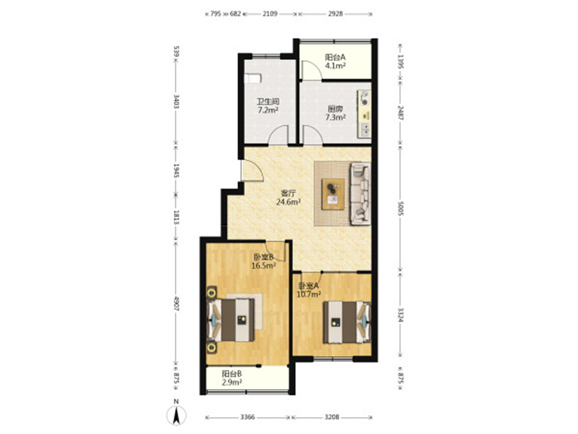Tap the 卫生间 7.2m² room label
click(268, 105)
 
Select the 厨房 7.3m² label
click(335, 113)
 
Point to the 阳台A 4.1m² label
click(335, 62)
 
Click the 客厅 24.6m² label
click(288, 197)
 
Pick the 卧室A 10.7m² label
click(309, 290)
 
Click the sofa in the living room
click(360, 194)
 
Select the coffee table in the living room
click(333, 194)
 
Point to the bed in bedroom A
click(347, 322)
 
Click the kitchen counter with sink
click(364, 114)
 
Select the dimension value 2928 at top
click(335, 14)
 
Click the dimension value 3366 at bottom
click(248, 417)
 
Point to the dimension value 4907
click(176, 303)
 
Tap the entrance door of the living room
click(252, 171)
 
